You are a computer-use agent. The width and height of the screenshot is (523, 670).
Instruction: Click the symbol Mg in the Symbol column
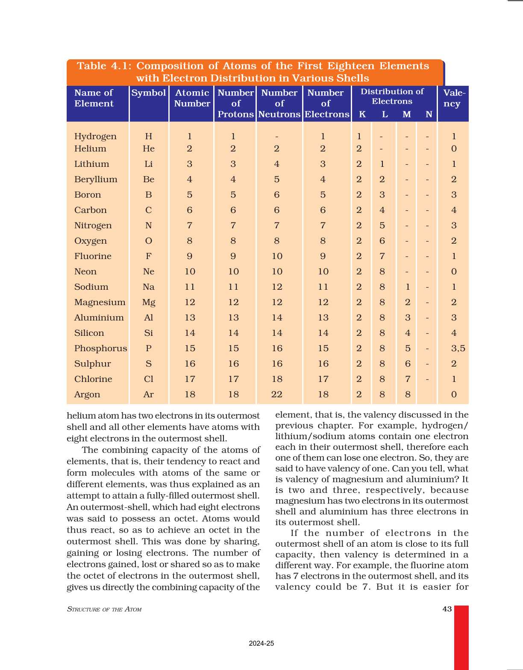(149, 303)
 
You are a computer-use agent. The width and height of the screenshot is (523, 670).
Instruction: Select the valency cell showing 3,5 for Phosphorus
(458, 349)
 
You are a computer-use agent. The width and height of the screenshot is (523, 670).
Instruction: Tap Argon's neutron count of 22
(277, 395)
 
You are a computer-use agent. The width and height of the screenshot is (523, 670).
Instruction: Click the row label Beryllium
(96, 180)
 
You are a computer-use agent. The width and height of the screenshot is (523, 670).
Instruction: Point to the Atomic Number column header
(192, 98)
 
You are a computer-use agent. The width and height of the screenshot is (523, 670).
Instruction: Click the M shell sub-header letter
(407, 114)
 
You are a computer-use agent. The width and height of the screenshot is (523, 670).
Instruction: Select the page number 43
(447, 609)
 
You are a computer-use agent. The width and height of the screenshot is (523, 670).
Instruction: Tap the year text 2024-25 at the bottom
(261, 644)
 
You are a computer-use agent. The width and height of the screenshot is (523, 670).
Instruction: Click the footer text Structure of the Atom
(104, 609)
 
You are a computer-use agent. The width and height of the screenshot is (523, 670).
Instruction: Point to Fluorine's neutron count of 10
(277, 256)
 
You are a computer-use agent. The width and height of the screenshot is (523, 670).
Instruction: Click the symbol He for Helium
(149, 149)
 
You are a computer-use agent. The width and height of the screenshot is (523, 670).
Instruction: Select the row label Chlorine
(93, 379)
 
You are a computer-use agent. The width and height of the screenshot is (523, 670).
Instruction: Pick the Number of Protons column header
(235, 104)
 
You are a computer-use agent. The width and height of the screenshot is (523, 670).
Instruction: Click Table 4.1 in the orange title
(104, 66)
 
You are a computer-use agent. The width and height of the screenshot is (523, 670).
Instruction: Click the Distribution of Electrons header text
(392, 96)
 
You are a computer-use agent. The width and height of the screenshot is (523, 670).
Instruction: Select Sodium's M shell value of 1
(408, 287)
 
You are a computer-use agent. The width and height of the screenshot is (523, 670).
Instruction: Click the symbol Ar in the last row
(149, 395)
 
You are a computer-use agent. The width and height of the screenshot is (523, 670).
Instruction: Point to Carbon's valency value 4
(454, 210)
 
